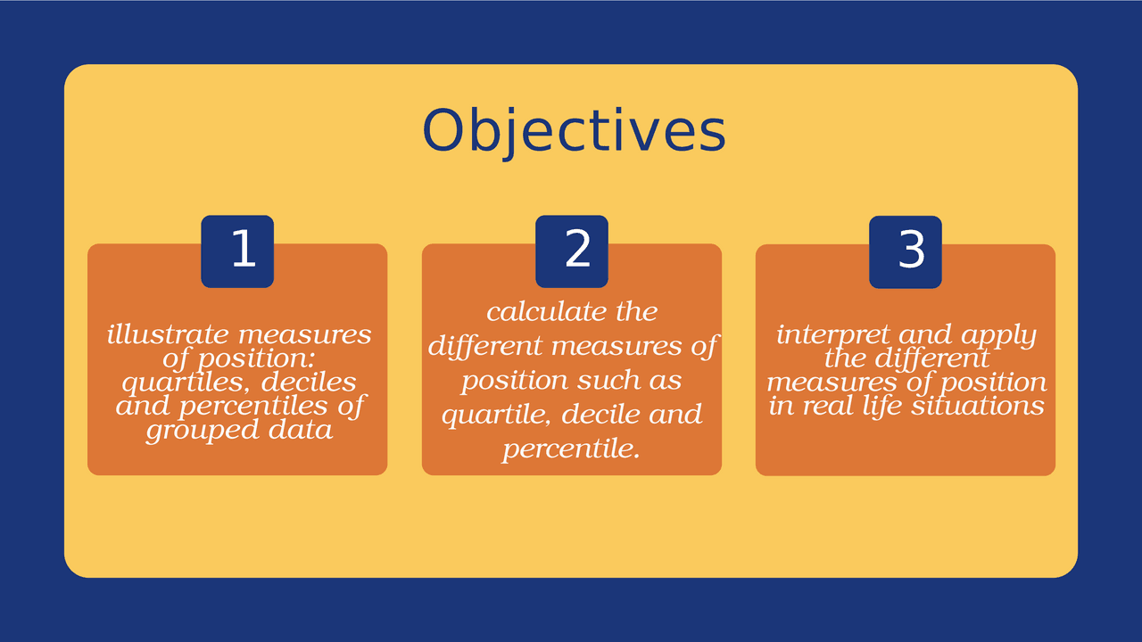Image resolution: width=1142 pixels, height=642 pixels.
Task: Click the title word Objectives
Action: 574,131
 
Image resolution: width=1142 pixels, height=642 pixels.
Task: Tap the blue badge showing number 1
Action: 237,251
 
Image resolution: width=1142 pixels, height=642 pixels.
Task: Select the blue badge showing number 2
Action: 572,251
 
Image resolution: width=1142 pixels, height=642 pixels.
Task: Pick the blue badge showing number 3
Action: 906,251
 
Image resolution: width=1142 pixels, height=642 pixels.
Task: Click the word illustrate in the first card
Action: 156,335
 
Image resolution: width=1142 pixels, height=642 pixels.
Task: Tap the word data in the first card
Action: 304,431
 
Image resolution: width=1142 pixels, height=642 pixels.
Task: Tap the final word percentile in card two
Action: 571,449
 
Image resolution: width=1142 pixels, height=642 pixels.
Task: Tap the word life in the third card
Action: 881,407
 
